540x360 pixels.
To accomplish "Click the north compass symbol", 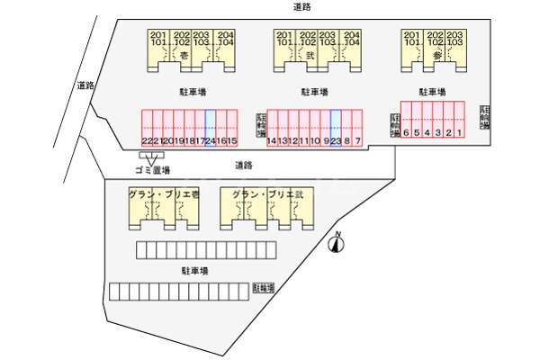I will (x=338, y=240).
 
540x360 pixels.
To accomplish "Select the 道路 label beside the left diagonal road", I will (x=85, y=86).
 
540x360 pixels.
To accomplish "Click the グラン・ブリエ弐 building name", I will (x=268, y=194).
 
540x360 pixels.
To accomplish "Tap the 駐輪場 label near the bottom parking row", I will (x=264, y=288).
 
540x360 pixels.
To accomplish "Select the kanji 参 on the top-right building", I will (x=436, y=55).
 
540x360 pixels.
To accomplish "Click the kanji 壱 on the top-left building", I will (x=184, y=55).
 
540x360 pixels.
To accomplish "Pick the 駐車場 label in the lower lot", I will (x=194, y=269).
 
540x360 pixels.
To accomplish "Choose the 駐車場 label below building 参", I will (x=433, y=92).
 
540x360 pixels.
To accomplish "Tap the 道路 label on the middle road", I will (x=243, y=165).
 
